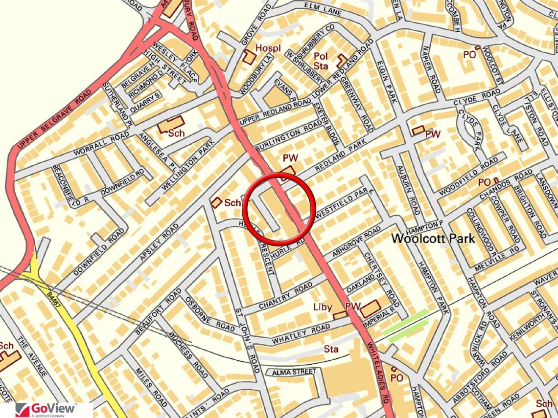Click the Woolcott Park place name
[433, 239]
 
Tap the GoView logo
[46, 409]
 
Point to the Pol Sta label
[321, 61]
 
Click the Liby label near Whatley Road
[323, 307]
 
